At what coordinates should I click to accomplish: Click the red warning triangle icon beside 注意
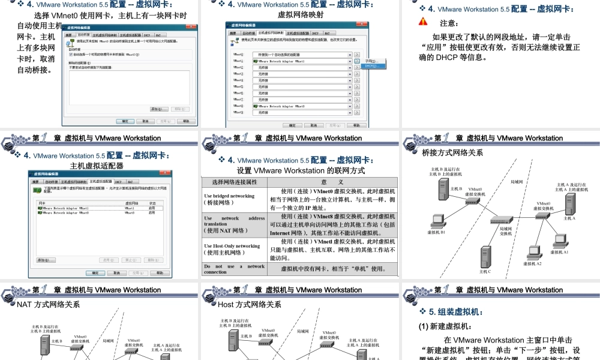423,22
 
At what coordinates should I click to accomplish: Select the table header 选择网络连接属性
234,182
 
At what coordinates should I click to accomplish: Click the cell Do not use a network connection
234,269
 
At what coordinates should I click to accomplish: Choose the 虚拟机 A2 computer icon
532,253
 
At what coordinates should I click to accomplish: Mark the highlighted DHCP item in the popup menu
373,66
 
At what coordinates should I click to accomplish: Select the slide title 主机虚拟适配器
97,166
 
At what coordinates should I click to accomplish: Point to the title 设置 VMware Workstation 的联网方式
301,170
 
